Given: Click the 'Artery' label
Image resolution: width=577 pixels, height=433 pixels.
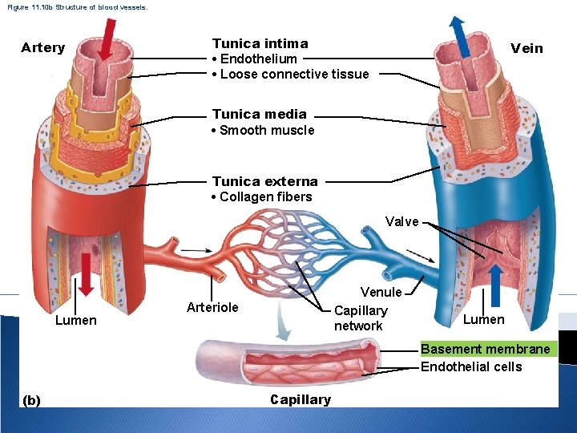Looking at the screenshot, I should click(x=43, y=47).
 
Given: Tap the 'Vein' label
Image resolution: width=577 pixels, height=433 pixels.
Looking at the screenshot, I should click(x=527, y=48).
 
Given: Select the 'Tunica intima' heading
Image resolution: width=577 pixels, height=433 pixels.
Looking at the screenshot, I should click(x=260, y=43).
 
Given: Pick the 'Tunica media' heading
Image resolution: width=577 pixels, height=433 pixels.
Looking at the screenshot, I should click(x=259, y=115).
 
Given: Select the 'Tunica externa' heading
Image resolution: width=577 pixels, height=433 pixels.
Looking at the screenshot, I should click(x=264, y=181).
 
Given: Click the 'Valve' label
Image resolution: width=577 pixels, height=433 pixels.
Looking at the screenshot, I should click(x=401, y=221).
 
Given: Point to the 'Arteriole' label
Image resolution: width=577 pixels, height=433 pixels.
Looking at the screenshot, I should click(x=212, y=307).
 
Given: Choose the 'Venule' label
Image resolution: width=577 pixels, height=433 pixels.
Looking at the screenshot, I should click(x=381, y=293).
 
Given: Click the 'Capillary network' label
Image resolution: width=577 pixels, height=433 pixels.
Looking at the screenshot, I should click(x=360, y=318).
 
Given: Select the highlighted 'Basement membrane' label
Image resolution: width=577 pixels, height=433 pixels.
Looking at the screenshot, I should click(x=486, y=349).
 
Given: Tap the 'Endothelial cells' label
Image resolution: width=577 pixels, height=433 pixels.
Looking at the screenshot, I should click(x=471, y=366).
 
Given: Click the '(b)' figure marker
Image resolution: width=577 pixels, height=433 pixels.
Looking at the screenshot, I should click(x=33, y=399).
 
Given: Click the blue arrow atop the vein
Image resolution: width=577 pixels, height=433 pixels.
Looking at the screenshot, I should click(x=459, y=34).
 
